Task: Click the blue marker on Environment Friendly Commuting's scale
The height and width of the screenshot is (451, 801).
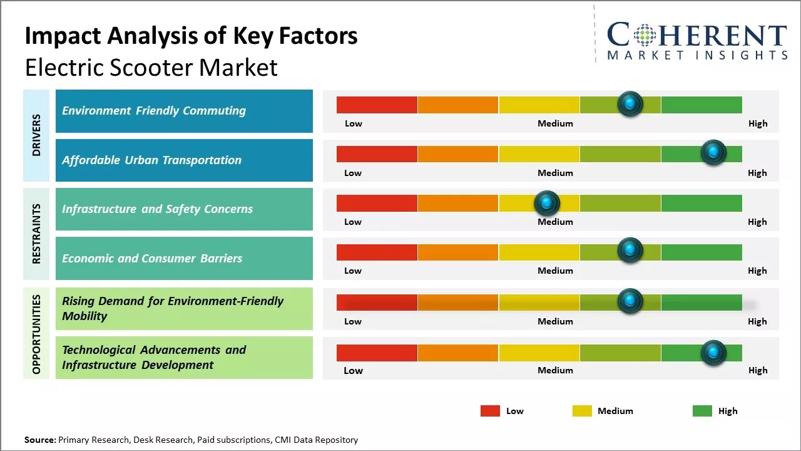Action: (630, 103)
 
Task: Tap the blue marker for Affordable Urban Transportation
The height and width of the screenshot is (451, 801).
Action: (713, 152)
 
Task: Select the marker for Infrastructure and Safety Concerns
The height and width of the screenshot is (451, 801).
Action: (547, 202)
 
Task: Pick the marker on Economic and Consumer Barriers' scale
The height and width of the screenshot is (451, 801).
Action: (630, 251)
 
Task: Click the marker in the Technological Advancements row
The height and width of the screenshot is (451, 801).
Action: (713, 353)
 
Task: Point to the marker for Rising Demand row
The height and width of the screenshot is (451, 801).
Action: (630, 301)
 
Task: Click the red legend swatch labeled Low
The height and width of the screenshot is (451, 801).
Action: (490, 411)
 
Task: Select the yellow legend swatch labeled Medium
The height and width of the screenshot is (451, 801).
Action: (582, 411)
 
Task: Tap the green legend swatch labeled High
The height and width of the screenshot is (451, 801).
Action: (702, 411)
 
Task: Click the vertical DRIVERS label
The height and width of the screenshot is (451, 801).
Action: (36, 135)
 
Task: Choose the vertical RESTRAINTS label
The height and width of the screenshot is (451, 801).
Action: (36, 234)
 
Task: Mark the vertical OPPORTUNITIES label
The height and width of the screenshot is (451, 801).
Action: (36, 334)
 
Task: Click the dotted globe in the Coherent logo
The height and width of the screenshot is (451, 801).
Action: (644, 35)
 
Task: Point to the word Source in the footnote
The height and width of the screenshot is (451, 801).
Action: (39, 440)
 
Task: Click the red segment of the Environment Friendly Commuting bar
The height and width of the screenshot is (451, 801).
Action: (377, 105)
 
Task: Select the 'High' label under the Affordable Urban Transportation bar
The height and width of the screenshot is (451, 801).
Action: (757, 173)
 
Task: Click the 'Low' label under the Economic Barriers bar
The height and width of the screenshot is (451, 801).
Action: (353, 271)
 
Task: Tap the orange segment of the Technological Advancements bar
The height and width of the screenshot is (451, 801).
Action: (457, 353)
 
